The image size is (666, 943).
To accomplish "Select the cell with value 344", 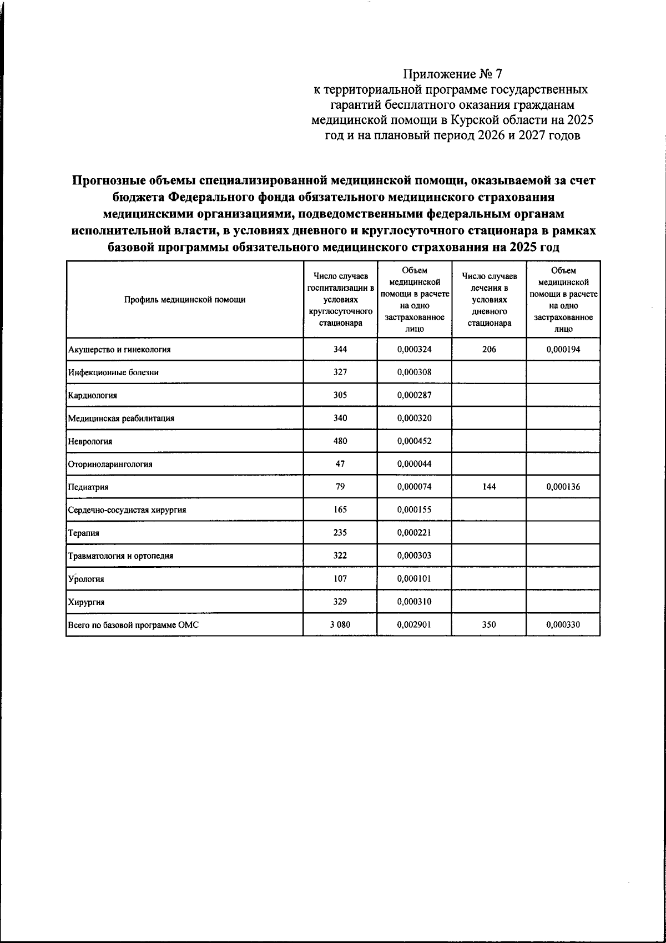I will [340, 349].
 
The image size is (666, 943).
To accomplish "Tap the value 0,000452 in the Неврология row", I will [415, 441].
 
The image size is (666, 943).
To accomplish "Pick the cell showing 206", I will [489, 349].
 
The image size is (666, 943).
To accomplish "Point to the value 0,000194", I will [563, 349].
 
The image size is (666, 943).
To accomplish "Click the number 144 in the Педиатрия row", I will [489, 487].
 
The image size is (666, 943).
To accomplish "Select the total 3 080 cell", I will [340, 624].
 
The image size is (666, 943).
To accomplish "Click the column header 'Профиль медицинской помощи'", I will [185, 300].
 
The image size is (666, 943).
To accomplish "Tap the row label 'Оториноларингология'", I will [110, 464].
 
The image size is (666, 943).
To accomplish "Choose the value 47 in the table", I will [340, 464].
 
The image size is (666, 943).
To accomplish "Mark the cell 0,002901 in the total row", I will [415, 624].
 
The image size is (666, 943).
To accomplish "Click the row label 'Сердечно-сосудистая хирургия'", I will [127, 510].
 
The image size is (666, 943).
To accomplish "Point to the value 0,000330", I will [563, 624].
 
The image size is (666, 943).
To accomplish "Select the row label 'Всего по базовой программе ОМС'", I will [133, 625].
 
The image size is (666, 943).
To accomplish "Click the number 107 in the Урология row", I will [340, 578].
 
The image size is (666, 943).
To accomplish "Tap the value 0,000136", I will [563, 487].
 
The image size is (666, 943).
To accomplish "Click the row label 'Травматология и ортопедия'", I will [120, 556].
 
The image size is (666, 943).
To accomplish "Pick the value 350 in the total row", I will [489, 624].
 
